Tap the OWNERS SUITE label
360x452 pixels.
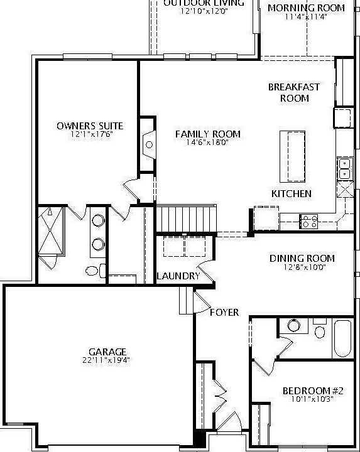[90, 126]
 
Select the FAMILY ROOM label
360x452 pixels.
[207, 134]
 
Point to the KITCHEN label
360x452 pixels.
[291, 193]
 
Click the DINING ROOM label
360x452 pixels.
[302, 258]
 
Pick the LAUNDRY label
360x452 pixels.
[178, 276]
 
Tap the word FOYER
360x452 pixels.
[224, 312]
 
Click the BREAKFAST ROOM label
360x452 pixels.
[294, 92]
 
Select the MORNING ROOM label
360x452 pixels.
[306, 8]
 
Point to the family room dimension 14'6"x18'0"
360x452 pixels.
[207, 143]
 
